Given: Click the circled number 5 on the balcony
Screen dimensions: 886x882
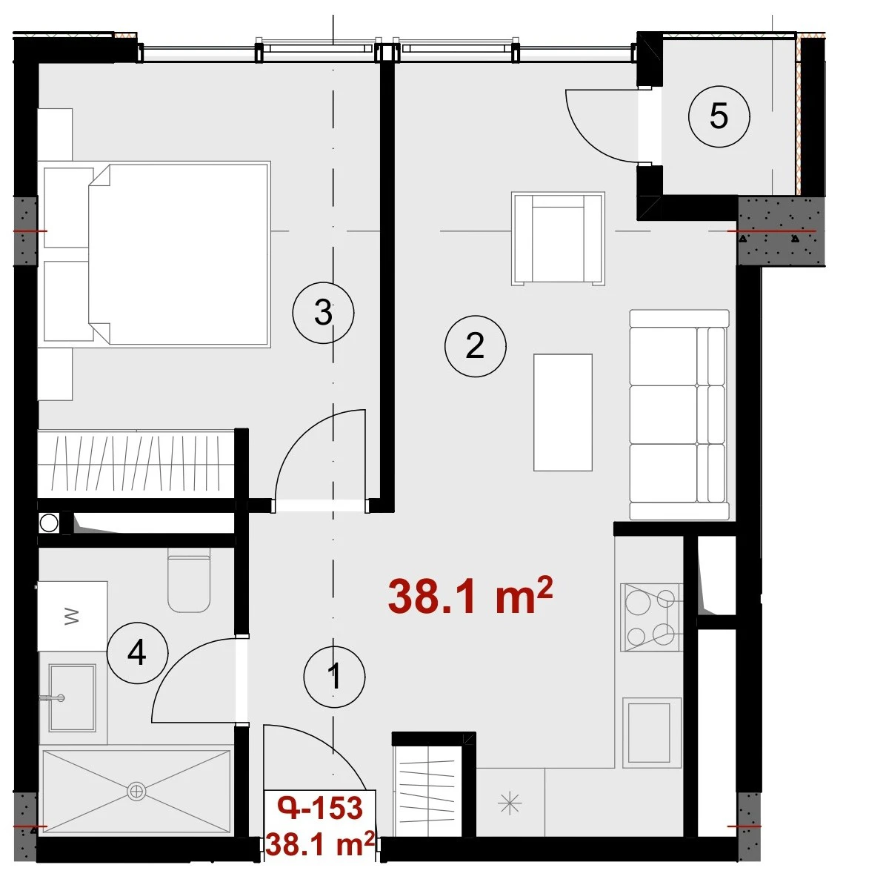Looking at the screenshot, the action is pyautogui.click(x=719, y=116).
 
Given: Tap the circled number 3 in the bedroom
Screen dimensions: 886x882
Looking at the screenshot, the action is pyautogui.click(x=323, y=313).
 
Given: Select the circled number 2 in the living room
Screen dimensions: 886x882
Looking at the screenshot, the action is pyautogui.click(x=475, y=346).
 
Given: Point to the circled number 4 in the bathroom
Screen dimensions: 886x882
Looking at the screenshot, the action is pyautogui.click(x=137, y=653).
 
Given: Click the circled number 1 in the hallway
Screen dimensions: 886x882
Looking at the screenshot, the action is pyautogui.click(x=335, y=676).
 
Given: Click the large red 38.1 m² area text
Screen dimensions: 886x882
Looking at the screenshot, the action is pyautogui.click(x=470, y=596).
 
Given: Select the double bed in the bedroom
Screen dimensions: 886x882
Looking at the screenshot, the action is pyautogui.click(x=179, y=254).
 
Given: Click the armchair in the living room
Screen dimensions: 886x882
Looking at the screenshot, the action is pyautogui.click(x=559, y=239).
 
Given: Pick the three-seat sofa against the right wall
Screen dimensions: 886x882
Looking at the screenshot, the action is pyautogui.click(x=679, y=414).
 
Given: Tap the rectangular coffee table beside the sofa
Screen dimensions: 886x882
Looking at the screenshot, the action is pyautogui.click(x=563, y=412).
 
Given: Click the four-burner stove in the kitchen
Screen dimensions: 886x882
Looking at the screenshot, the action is pyautogui.click(x=651, y=617).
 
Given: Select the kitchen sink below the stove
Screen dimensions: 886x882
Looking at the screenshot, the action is pyautogui.click(x=651, y=733).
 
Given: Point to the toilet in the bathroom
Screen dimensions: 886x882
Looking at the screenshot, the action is pyautogui.click(x=190, y=580).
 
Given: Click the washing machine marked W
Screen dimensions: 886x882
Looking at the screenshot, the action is pyautogui.click(x=73, y=616).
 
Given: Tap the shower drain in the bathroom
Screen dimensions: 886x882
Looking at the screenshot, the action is pyautogui.click(x=136, y=790).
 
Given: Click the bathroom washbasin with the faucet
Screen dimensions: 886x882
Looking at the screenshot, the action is pyautogui.click(x=73, y=697).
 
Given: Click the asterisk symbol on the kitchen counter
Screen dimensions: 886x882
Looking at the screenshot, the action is pyautogui.click(x=510, y=803).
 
